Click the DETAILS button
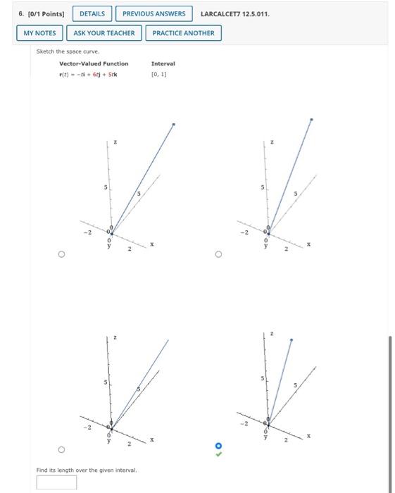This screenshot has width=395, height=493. coord(92,13)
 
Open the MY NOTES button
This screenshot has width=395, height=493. coord(39,33)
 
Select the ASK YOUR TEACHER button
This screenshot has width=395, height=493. coord(104,33)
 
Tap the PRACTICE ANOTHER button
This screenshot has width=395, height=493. coord(183,33)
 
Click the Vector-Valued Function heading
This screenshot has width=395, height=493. coord(94,64)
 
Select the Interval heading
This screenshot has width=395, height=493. coord(163,64)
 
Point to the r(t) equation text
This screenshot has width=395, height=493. coord(88,74)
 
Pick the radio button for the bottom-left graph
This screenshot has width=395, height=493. coord(61,449)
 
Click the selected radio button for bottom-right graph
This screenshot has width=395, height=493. coord(218,445)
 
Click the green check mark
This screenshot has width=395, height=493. coord(218,454)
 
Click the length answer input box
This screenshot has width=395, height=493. coord(57,482)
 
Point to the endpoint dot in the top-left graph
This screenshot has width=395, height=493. coord(174,125)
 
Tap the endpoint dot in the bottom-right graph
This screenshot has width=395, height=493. coord(291,340)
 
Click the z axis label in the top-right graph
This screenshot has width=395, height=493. coord(272,142)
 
